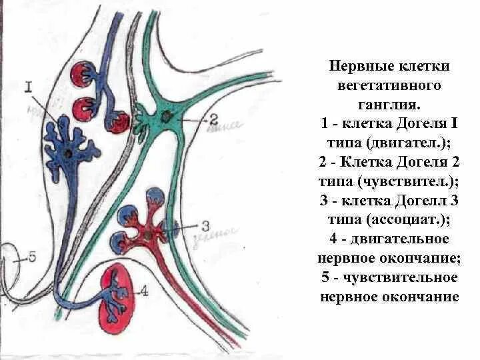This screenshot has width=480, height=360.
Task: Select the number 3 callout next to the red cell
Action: pyautogui.click(x=205, y=225)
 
